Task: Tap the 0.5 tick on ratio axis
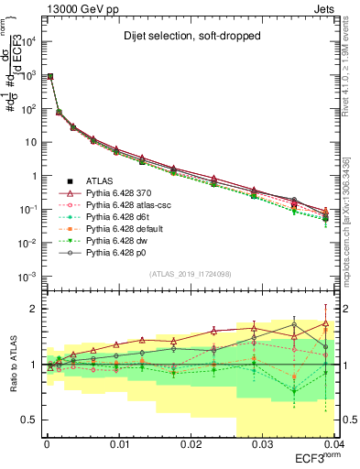(x=27, y=420)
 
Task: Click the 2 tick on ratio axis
(x=31, y=309)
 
